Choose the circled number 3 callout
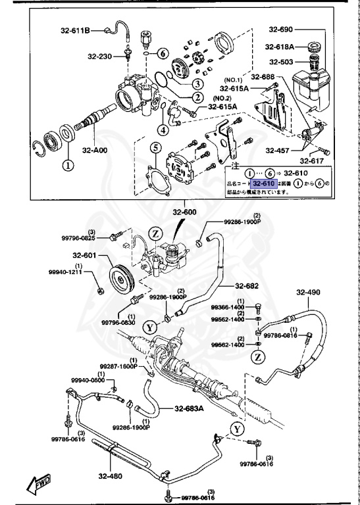tap(196, 84)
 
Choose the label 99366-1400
tap(227, 307)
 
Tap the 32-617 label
tap(311, 160)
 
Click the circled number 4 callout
tap(162, 130)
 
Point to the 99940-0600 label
tap(88, 380)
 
